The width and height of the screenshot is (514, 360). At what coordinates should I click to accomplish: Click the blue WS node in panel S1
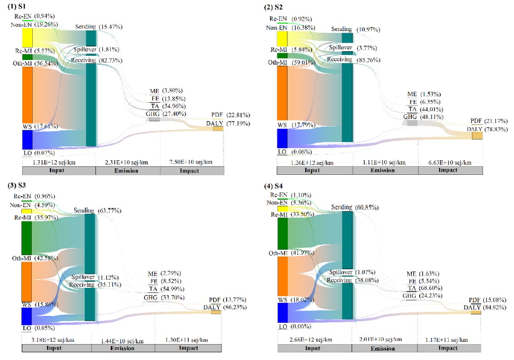point(27,139)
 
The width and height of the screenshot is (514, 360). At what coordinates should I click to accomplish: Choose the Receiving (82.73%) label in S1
point(96,60)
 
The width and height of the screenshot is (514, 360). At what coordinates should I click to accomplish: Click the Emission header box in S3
point(123,348)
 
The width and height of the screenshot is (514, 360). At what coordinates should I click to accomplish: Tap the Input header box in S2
point(314,171)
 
